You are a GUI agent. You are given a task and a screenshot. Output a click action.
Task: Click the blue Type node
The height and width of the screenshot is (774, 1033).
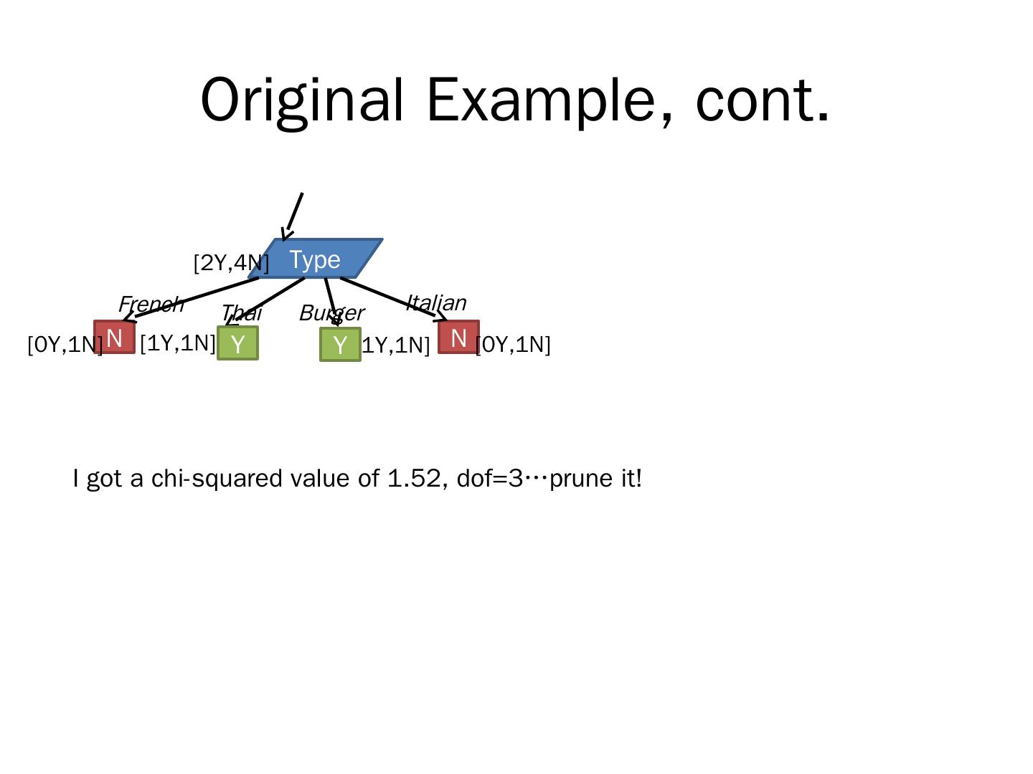(x=315, y=259)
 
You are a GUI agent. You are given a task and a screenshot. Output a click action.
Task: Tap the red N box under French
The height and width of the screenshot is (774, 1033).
(x=114, y=338)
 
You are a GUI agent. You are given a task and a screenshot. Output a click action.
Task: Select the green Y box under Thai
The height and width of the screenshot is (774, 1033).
(x=237, y=343)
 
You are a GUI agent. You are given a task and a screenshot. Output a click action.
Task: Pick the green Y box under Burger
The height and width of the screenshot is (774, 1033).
(x=340, y=345)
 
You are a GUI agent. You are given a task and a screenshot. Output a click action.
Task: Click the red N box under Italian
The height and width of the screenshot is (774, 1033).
(x=458, y=338)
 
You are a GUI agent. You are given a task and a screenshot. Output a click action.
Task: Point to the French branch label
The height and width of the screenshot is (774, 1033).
(x=151, y=304)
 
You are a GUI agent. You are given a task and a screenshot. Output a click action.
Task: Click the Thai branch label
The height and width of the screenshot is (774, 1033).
(x=241, y=313)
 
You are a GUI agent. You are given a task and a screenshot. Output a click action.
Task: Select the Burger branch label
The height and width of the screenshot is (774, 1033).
(x=331, y=313)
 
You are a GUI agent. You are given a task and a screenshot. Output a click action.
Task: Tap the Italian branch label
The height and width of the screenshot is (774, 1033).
(x=436, y=302)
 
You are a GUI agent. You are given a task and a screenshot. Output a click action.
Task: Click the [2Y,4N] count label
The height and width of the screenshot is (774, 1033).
(x=231, y=263)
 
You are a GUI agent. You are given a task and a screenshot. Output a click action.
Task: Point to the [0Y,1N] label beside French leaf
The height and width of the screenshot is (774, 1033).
(x=65, y=345)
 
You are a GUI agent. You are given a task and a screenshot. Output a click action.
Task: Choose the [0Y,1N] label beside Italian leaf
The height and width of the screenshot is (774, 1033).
(x=514, y=345)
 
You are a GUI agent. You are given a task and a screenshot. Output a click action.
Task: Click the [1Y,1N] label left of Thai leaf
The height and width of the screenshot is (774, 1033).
(x=177, y=343)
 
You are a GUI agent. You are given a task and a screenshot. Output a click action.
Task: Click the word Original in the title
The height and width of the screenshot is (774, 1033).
(x=302, y=100)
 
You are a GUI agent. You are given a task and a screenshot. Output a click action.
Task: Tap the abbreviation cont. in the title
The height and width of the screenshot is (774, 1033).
(x=763, y=100)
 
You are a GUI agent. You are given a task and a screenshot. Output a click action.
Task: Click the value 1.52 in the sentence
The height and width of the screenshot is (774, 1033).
(x=413, y=478)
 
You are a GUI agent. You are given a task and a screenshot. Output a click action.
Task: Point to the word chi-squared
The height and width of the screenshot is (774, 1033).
(x=217, y=478)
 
